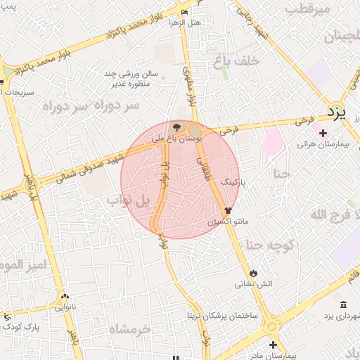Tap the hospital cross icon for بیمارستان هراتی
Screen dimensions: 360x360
(x=322, y=133)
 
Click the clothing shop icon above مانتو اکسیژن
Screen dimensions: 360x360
(x=228, y=210)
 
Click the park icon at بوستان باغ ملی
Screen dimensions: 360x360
(x=175, y=127)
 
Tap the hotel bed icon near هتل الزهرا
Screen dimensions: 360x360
(x=185, y=12)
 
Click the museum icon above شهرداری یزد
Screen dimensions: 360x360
(x=343, y=304)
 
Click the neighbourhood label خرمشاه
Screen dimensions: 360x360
(x=130, y=329)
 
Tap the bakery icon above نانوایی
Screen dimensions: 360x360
(x=65, y=297)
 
